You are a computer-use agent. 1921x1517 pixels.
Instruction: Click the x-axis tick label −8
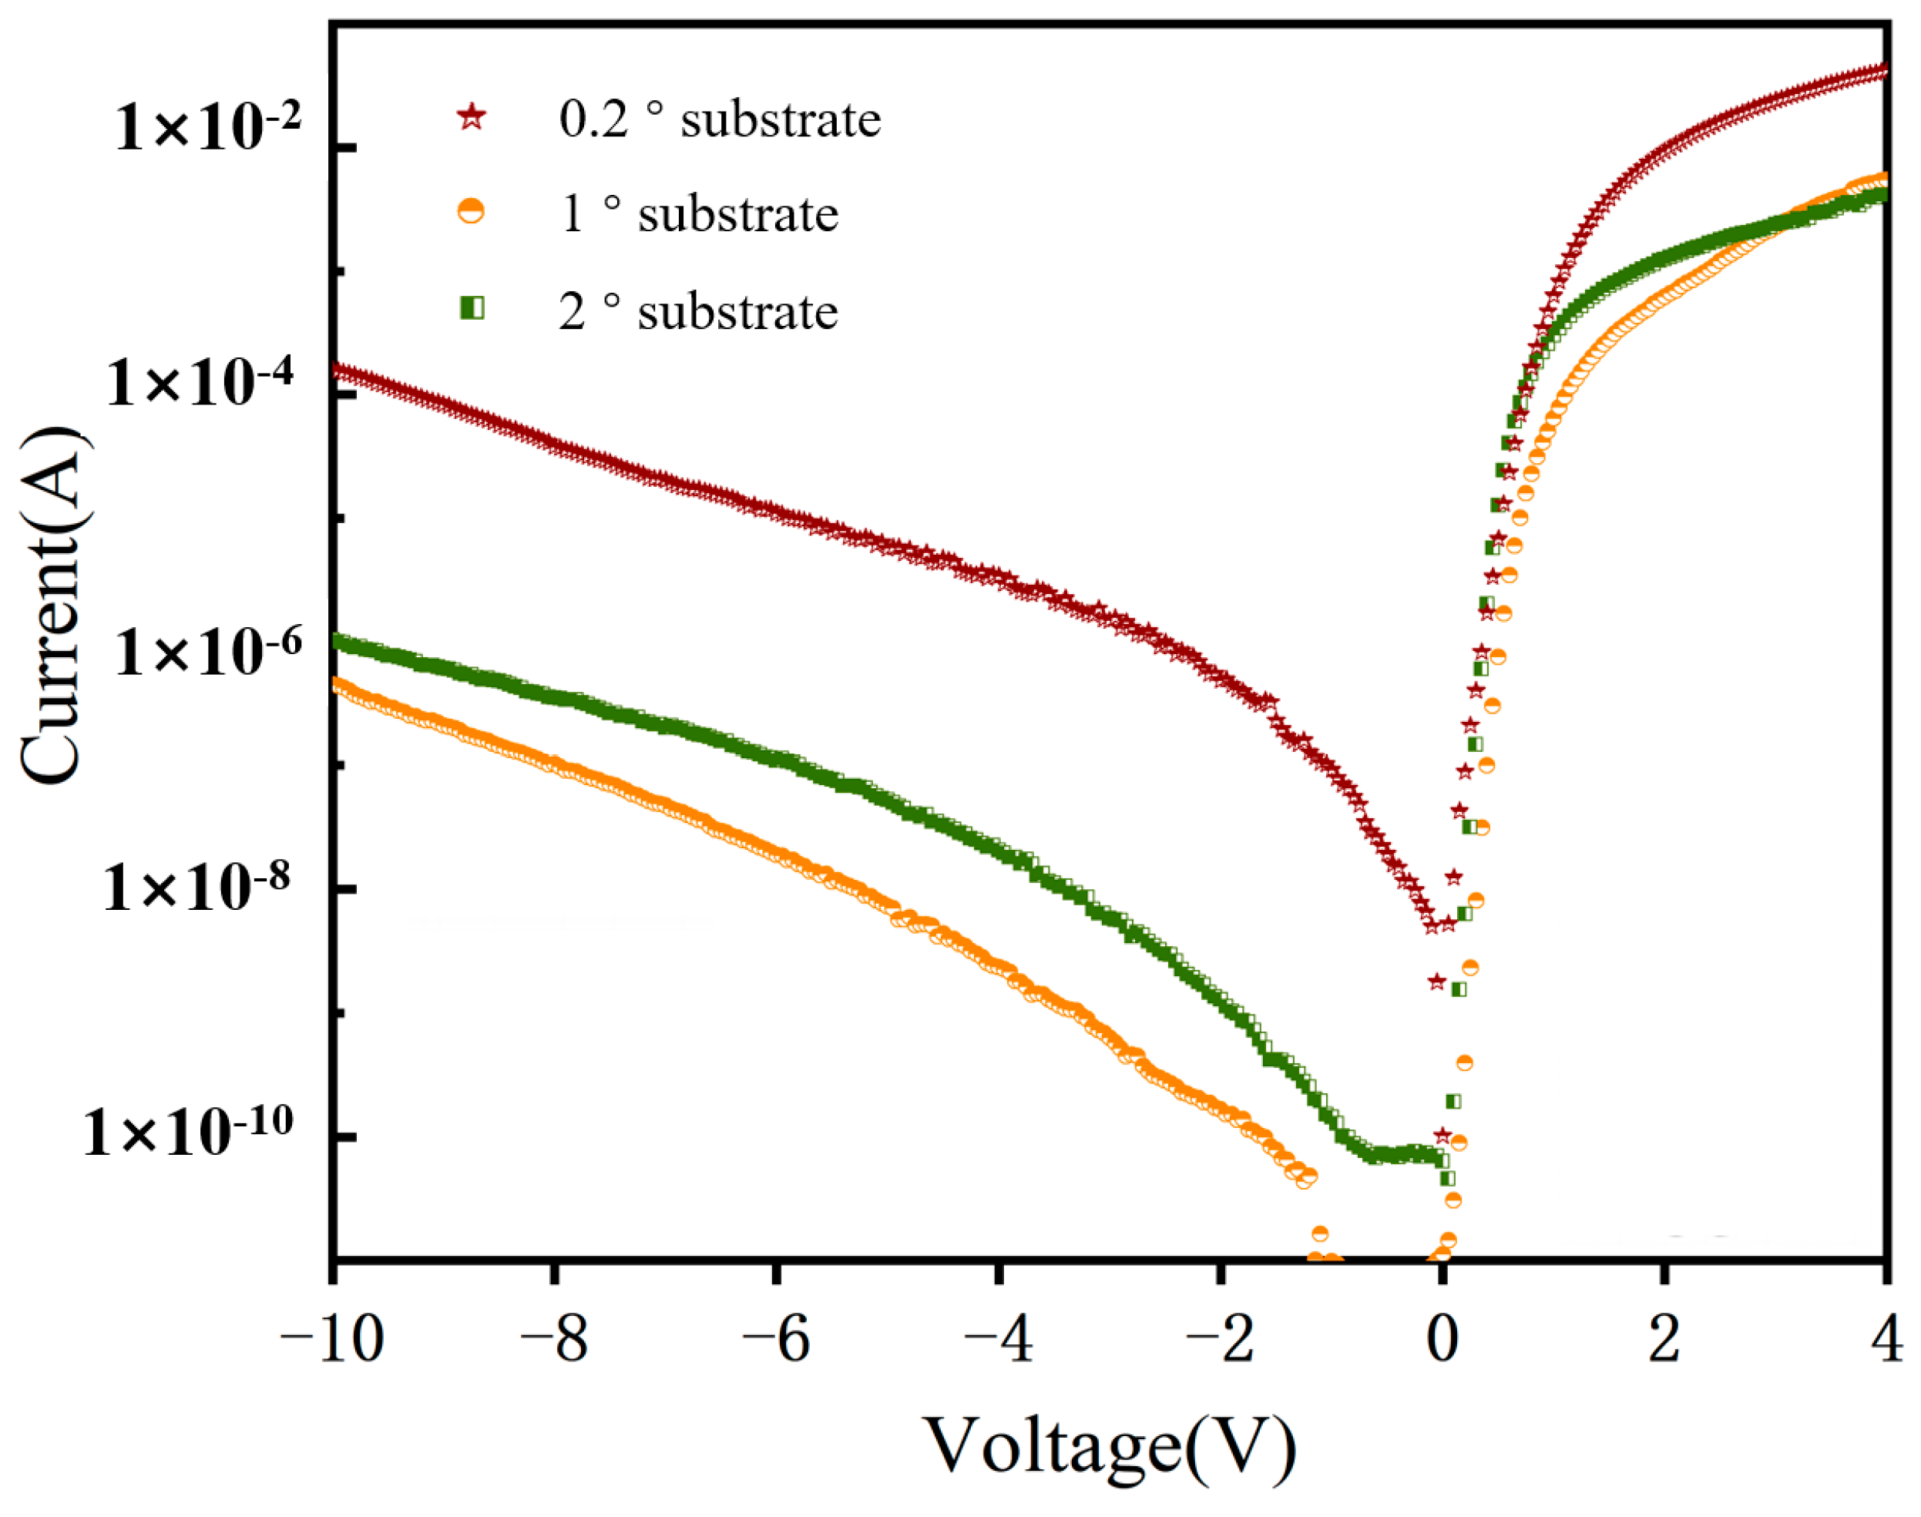(x=554, y=1339)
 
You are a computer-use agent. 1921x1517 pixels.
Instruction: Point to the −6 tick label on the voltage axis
(x=776, y=1339)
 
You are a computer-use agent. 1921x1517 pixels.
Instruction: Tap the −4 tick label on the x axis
(x=998, y=1339)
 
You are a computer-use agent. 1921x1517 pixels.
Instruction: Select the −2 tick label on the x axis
(x=1221, y=1339)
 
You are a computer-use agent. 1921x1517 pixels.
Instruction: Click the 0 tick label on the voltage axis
(x=1442, y=1339)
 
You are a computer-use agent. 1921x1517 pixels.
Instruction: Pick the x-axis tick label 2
(x=1664, y=1339)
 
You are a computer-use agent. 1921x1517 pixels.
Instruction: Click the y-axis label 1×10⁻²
(x=209, y=126)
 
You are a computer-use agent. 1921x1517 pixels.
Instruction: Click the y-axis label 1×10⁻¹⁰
(x=187, y=1132)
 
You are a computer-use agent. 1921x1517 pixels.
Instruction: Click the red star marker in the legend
(x=472, y=117)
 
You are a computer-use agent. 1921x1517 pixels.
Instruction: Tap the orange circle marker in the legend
(x=471, y=213)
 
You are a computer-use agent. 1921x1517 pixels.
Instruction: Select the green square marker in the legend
(x=472, y=308)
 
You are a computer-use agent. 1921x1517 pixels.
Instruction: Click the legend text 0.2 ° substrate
(x=720, y=119)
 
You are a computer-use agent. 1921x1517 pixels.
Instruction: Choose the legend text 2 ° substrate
(x=698, y=312)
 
